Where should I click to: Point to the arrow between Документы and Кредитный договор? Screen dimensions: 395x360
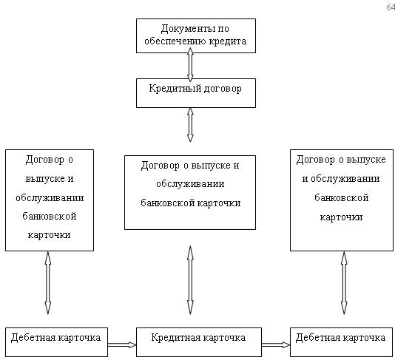click(x=190, y=65)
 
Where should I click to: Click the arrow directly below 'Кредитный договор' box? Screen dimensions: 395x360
click(x=190, y=125)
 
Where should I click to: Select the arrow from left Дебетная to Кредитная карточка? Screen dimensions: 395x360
click(x=122, y=345)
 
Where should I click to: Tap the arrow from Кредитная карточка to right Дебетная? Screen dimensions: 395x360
click(x=276, y=345)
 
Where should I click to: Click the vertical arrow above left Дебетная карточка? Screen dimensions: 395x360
click(x=48, y=283)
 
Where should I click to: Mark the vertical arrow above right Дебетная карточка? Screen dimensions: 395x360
click(x=344, y=283)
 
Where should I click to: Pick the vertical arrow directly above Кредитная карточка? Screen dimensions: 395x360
click(x=190, y=280)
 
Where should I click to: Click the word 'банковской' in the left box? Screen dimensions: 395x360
click(x=50, y=217)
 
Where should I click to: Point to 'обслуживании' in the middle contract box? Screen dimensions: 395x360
click(x=190, y=184)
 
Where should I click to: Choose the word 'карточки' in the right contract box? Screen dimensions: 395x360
click(x=341, y=217)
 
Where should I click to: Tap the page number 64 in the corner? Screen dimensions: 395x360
click(x=391, y=7)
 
